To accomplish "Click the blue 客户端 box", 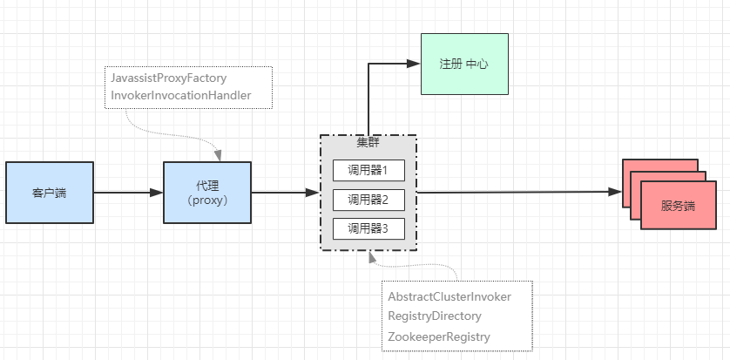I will coord(49,193).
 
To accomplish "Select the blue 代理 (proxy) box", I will coord(207,193).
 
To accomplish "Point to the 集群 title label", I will coord(368,142).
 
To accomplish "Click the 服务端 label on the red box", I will coord(678,207).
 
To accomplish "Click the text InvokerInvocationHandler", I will coord(180,94).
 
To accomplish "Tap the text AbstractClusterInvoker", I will coord(449,296).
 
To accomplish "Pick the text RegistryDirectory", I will coord(435,316).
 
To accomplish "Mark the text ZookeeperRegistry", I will coord(439,336).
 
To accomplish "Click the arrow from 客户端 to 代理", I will coord(128,193).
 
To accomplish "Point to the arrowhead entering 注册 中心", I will coord(415,64).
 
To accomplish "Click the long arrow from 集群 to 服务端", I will coord(523,193).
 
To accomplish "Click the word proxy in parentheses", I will coord(207,200).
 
